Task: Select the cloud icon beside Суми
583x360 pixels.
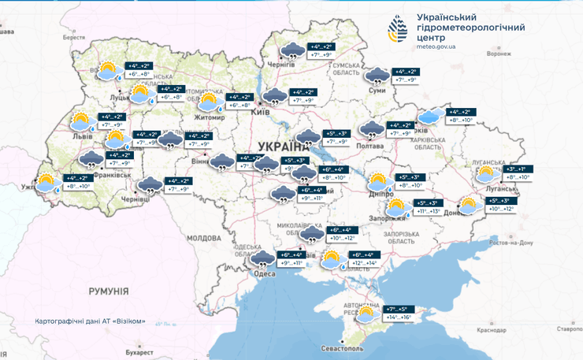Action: (377, 76)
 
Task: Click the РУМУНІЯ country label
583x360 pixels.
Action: (109, 291)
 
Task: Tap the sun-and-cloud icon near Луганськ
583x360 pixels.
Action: (486, 174)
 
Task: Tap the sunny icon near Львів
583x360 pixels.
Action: (80, 122)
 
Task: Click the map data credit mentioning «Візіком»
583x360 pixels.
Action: (90, 321)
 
